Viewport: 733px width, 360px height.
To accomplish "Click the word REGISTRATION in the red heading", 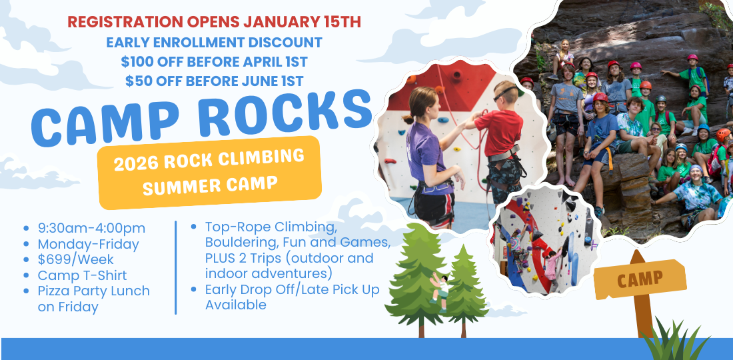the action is pyautogui.click(x=125, y=22).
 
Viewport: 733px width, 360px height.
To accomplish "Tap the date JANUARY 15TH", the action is pyautogui.click(x=302, y=22).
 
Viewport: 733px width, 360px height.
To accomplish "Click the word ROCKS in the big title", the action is pyautogui.click(x=285, y=112).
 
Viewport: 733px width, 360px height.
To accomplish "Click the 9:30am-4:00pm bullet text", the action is pyautogui.click(x=92, y=228).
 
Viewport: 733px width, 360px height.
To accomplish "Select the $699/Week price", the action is pyautogui.click(x=76, y=259).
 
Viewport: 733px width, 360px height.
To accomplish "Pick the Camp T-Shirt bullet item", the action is pyautogui.click(x=82, y=275).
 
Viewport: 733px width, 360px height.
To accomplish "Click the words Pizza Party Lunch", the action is pyautogui.click(x=94, y=291).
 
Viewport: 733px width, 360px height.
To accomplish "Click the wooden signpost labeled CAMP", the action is pyautogui.click(x=640, y=290).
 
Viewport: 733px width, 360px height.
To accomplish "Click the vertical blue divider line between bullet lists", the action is pyautogui.click(x=176, y=267).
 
